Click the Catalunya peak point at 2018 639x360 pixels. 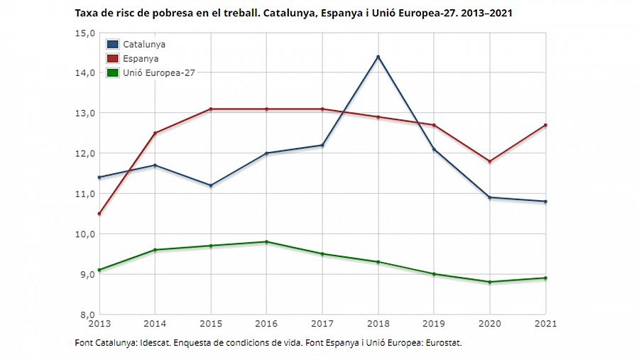click(x=378, y=57)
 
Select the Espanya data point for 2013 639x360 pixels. click(x=99, y=214)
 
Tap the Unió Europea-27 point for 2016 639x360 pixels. click(x=266, y=242)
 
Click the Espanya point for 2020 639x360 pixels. click(x=489, y=161)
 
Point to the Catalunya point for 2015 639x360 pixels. click(x=211, y=185)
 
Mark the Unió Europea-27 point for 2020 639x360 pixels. click(x=489, y=282)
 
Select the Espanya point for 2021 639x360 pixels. click(x=545, y=125)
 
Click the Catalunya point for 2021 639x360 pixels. click(x=545, y=202)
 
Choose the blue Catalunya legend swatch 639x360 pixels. click(x=113, y=45)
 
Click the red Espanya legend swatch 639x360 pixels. click(x=113, y=58)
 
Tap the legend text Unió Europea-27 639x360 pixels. click(x=158, y=72)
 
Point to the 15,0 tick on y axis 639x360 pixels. click(x=85, y=33)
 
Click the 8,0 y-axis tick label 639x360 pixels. click(x=85, y=315)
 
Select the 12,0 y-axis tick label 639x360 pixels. click(x=85, y=153)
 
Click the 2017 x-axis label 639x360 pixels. click(x=322, y=324)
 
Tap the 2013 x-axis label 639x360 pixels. click(x=99, y=324)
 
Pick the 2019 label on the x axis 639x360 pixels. click(x=434, y=324)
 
